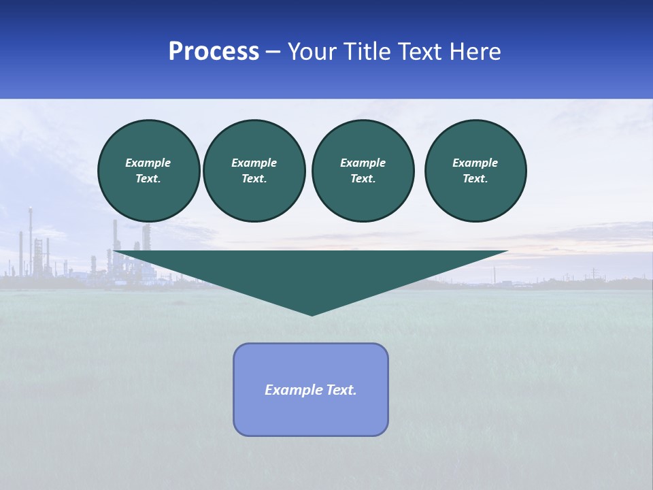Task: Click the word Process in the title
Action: (x=214, y=52)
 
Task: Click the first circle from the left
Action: (x=149, y=171)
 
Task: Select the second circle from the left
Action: (x=254, y=171)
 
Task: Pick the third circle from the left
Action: (x=363, y=171)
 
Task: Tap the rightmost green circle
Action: (x=475, y=171)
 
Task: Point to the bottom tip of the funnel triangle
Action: (x=312, y=314)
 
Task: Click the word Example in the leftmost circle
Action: (x=148, y=163)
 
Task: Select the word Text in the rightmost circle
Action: (x=475, y=179)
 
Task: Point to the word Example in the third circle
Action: (x=363, y=163)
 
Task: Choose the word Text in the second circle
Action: (x=254, y=179)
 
